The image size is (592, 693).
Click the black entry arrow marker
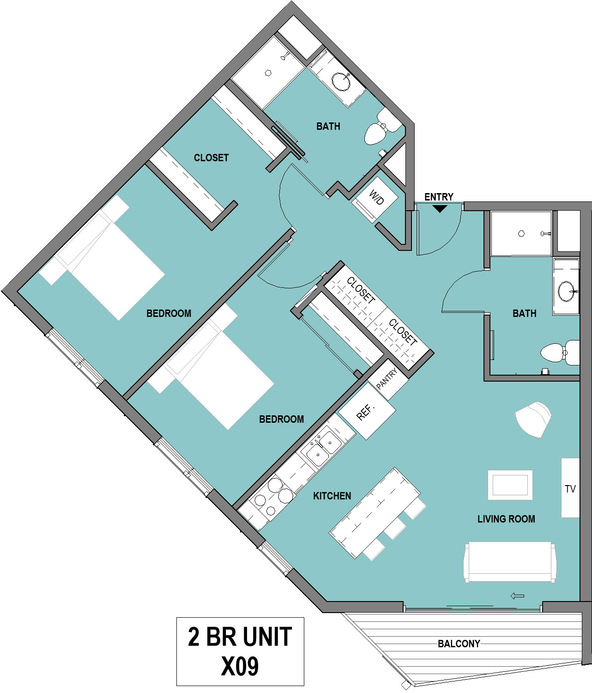pyautogui.click(x=440, y=208)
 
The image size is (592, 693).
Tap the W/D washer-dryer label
pyautogui.click(x=376, y=197)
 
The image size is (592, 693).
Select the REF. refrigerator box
pyautogui.click(x=367, y=411)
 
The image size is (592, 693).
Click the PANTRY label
pyautogui.click(x=387, y=378)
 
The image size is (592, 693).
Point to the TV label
pyautogui.click(x=570, y=489)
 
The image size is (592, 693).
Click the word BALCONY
pyautogui.click(x=459, y=644)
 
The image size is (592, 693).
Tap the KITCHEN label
pyautogui.click(x=332, y=496)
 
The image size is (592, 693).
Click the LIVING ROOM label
pyautogui.click(x=506, y=519)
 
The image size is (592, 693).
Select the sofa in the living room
pyautogui.click(x=510, y=563)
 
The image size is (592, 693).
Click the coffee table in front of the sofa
pyautogui.click(x=510, y=485)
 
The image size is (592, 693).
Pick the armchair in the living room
pyautogui.click(x=533, y=419)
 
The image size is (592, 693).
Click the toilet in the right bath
pyautogui.click(x=560, y=353)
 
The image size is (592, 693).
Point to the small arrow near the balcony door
pyautogui.click(x=517, y=596)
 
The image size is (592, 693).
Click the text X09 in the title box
pyautogui.click(x=240, y=668)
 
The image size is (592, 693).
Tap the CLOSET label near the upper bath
pyautogui.click(x=211, y=158)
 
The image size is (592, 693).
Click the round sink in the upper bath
pyautogui.click(x=341, y=82)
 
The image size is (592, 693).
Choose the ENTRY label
pyautogui.click(x=439, y=197)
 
